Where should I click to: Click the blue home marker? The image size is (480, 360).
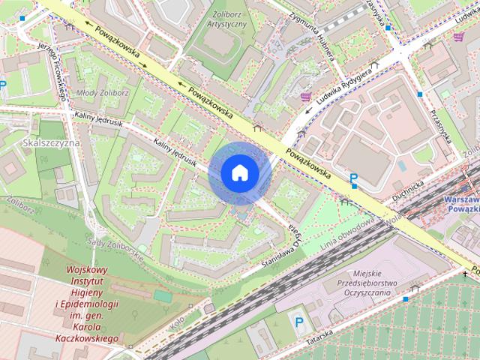239,172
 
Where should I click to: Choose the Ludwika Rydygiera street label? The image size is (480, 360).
344,84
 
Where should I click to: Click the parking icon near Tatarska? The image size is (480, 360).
298,322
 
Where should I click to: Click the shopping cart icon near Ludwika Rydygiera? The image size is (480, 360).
306,97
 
